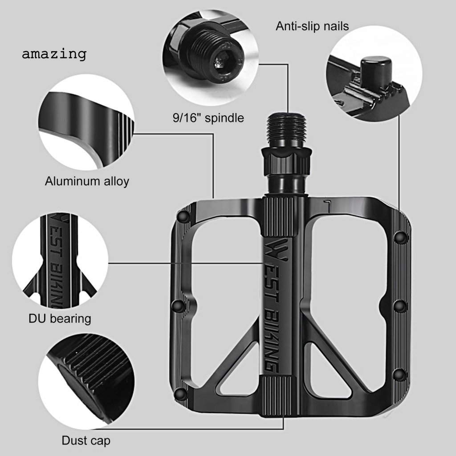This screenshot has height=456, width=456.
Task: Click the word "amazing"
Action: (54, 54)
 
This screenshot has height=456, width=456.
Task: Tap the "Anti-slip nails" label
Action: (312, 26)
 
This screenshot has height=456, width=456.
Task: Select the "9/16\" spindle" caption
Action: (208, 118)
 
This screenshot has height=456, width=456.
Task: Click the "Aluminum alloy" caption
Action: (87, 181)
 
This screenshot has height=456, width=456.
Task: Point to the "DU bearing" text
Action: (60, 318)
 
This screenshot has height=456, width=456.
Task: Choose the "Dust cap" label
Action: (85, 441)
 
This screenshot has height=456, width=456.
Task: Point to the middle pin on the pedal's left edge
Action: (177, 305)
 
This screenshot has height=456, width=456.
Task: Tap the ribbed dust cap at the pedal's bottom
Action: (279, 396)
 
